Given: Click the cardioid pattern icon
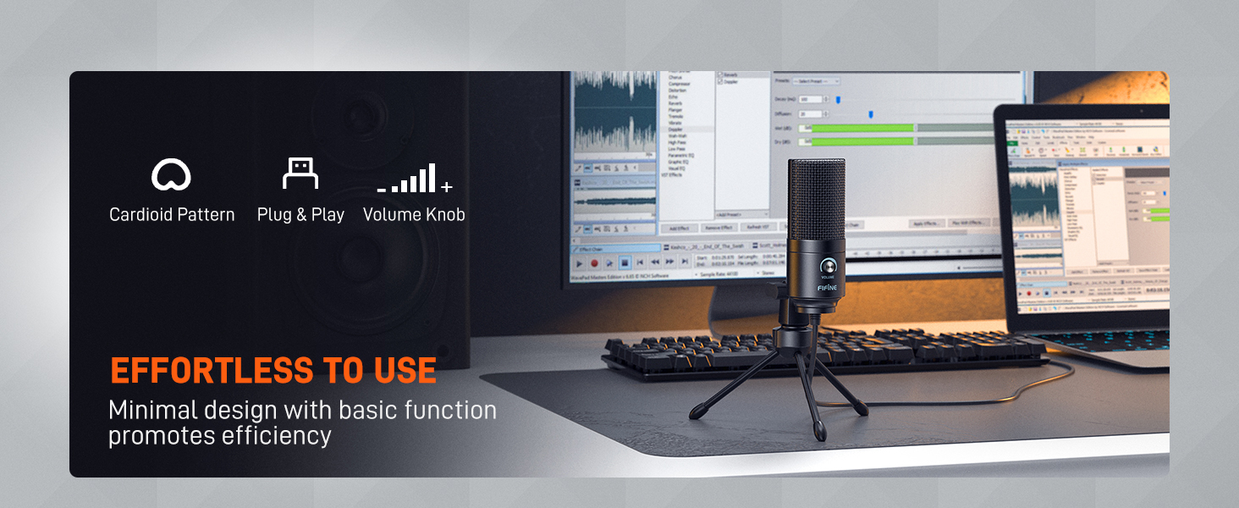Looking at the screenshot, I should [171, 175].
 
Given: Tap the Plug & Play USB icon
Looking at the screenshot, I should [300, 174].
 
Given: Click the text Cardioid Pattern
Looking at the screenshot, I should [172, 215].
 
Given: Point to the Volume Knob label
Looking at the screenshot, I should [414, 215].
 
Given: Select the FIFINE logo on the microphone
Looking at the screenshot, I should [827, 287].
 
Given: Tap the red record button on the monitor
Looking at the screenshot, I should [594, 263].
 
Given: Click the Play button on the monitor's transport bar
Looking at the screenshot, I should [580, 263].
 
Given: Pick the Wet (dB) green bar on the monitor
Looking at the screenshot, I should [859, 129].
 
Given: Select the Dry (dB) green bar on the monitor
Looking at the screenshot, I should [859, 141].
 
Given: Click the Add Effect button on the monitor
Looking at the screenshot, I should [679, 228].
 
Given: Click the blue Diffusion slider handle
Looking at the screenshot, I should [871, 113].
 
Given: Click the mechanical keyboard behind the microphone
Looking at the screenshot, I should [914, 347].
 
